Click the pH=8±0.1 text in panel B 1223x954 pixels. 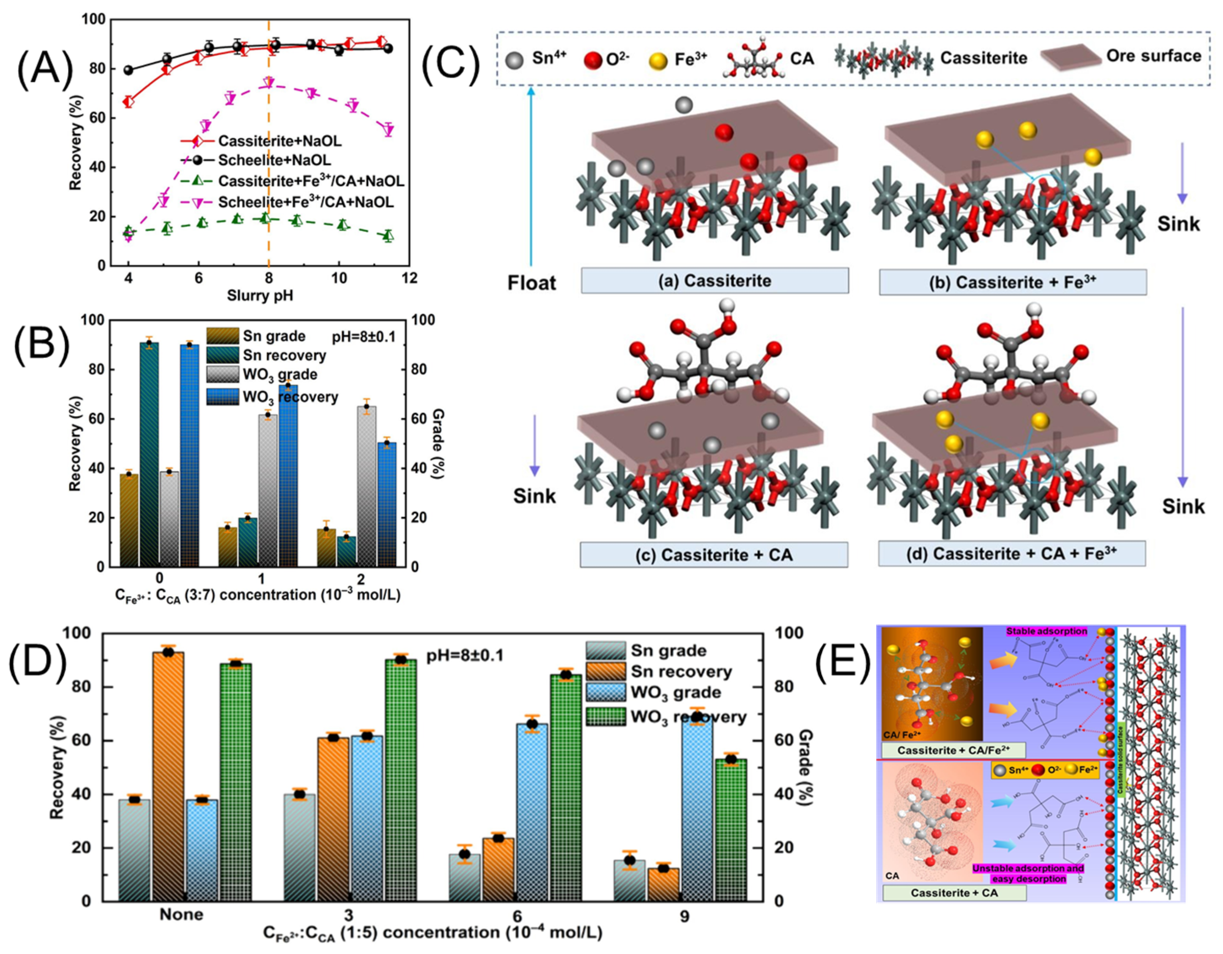[363, 337]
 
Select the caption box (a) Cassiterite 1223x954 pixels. [714, 281]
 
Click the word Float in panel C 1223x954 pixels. [531, 283]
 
